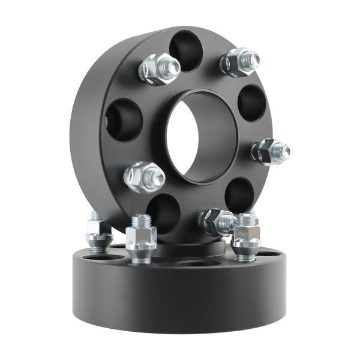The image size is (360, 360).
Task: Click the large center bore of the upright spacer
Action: pos(201,135)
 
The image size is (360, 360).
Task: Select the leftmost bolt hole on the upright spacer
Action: pos(124,119)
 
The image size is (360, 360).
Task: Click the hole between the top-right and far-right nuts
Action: pos(251,102)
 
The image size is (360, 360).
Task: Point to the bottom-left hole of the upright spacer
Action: pos(163,213)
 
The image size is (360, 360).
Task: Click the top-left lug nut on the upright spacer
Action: pos(158,69)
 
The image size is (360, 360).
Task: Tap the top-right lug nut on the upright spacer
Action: pos(240,61)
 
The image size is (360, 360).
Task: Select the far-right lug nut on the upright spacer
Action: pos(269,151)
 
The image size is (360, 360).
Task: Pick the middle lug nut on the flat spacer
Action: pos(142,239)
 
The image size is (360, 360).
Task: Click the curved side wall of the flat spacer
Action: pos(180,300)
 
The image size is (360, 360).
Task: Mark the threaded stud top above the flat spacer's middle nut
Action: pos(140,219)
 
